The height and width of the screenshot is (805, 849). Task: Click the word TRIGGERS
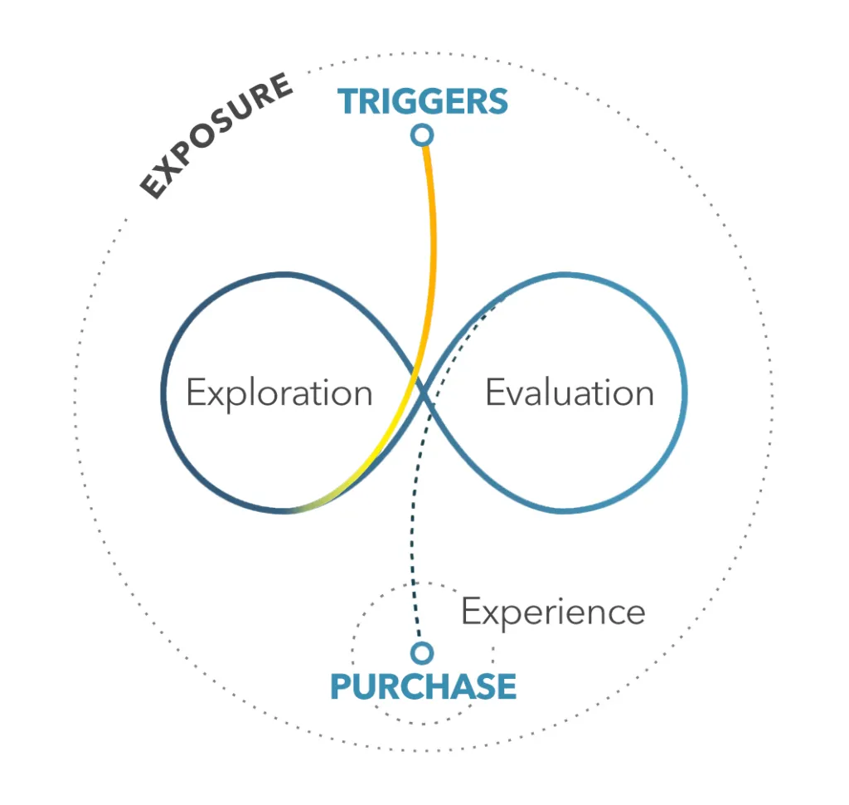point(423,102)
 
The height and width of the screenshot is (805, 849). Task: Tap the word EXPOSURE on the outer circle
point(216,136)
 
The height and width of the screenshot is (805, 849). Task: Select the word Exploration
point(279,393)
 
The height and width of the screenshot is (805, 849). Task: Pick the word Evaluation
point(570,393)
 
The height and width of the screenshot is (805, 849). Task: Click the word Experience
point(553,612)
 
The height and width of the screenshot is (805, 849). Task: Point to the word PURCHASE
point(423,686)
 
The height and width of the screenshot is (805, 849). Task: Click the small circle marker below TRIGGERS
point(422,134)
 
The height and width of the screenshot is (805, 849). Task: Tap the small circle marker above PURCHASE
point(422,652)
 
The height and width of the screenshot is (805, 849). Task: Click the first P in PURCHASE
point(341,686)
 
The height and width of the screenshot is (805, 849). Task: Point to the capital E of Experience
point(471,612)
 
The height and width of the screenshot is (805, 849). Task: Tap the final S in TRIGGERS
point(497,102)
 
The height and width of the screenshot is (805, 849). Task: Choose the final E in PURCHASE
point(507,686)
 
